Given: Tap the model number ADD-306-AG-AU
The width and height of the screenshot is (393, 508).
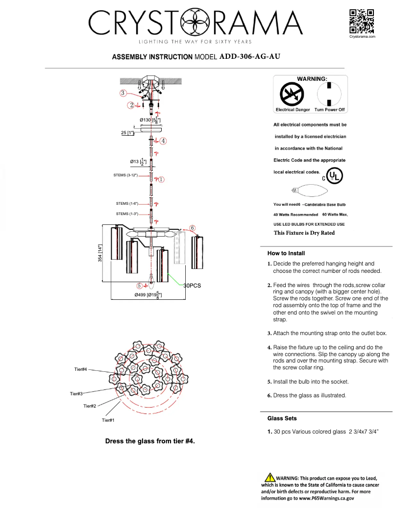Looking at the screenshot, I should [250, 56].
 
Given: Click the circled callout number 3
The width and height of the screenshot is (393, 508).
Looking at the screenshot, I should [124, 93].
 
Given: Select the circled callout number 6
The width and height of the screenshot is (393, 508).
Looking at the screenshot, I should [193, 228].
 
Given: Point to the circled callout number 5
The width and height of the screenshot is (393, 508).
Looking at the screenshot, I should [140, 285].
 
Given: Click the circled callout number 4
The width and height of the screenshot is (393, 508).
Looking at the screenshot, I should [163, 141].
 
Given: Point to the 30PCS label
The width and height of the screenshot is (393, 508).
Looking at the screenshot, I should [193, 285].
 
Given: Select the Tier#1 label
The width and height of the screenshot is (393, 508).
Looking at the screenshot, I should [108, 420].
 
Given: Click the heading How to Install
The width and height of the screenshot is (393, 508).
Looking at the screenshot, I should [286, 253].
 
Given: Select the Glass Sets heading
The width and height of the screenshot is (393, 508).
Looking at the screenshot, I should [282, 418].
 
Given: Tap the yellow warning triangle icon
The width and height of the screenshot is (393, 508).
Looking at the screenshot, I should [269, 478].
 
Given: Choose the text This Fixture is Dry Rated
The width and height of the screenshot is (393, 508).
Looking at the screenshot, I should [304, 233].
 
